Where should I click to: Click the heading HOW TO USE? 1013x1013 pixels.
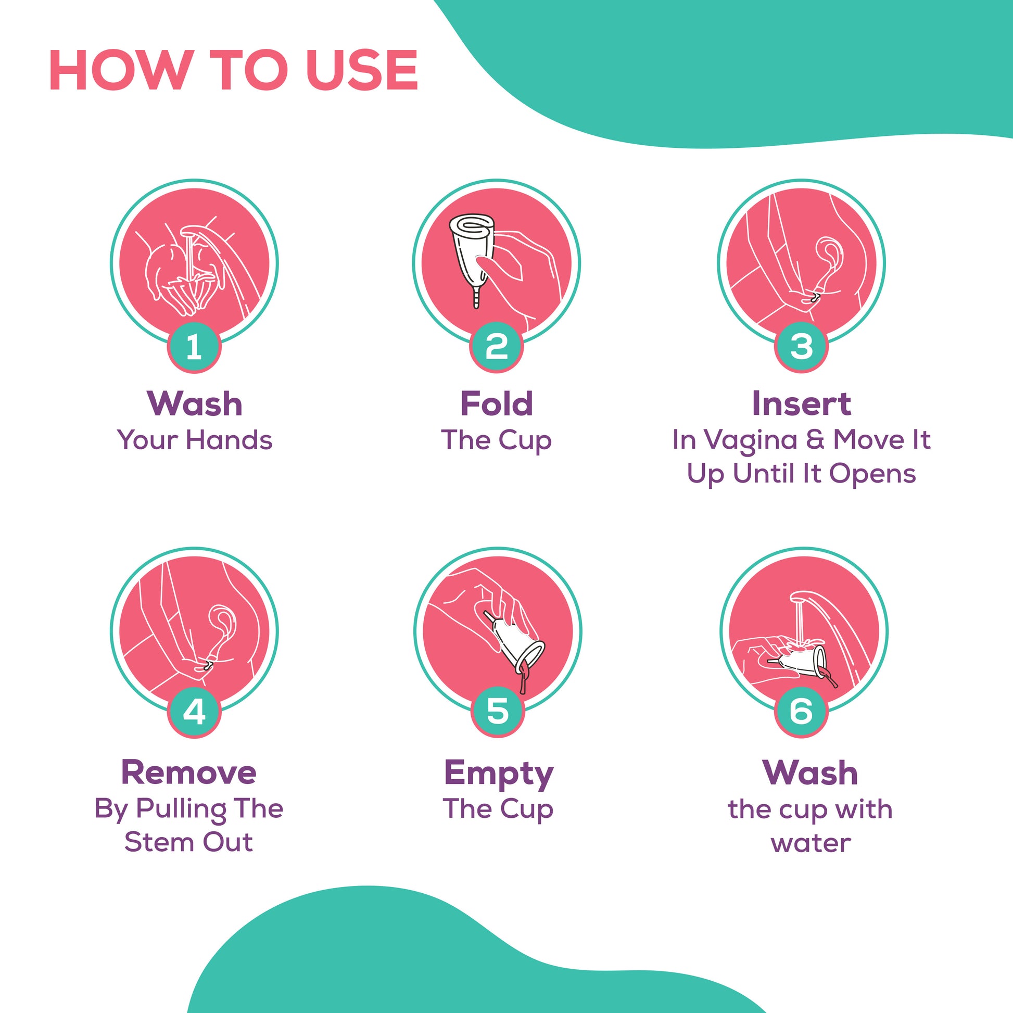[233, 71]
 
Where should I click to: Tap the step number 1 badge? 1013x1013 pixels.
[194, 347]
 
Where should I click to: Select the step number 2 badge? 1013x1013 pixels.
[497, 347]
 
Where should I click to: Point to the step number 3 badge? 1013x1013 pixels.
[801, 347]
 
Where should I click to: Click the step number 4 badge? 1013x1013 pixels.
[194, 712]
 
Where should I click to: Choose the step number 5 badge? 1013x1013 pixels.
[498, 712]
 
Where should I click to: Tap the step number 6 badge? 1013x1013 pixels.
[801, 712]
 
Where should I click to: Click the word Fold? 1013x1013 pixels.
[497, 404]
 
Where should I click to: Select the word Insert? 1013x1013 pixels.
[801, 404]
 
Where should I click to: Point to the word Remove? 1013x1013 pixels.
[189, 773]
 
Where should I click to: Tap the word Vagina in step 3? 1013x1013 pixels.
[750, 440]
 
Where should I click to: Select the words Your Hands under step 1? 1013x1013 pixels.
[195, 440]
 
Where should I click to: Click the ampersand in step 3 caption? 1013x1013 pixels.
[815, 440]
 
